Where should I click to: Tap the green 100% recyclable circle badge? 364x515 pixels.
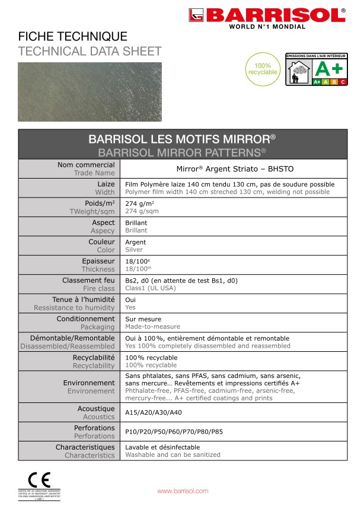(x=261, y=68)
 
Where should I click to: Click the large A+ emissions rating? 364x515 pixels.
(x=328, y=68)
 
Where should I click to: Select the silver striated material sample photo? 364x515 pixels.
(x=88, y=91)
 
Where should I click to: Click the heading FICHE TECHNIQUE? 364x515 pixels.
(x=73, y=37)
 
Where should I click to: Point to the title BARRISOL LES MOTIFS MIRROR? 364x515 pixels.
(x=182, y=139)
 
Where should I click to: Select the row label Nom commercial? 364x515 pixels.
(x=85, y=164)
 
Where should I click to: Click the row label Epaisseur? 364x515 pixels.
(x=98, y=260)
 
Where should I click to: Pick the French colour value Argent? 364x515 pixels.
(x=136, y=242)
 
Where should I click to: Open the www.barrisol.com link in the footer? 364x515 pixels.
(x=183, y=491)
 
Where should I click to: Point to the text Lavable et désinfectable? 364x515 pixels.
(x=162, y=447)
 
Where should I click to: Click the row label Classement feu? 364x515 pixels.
(x=88, y=280)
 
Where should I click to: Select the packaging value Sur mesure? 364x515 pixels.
(x=143, y=319)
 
